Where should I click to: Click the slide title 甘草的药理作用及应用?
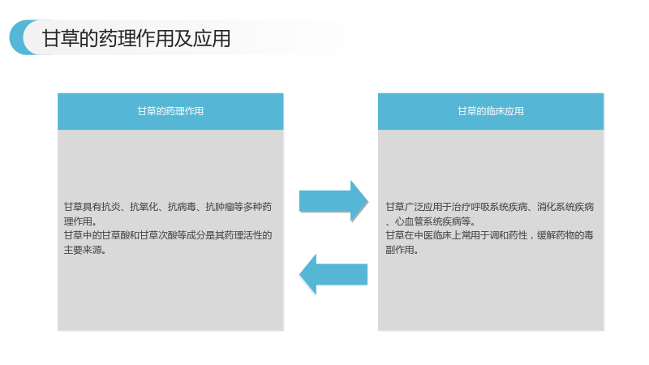(136, 38)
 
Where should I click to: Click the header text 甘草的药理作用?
(170, 111)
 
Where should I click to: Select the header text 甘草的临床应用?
(491, 111)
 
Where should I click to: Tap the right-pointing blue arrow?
(333, 201)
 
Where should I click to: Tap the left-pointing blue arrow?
(333, 274)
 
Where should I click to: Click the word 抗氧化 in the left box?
(144, 207)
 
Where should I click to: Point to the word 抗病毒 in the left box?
(182, 207)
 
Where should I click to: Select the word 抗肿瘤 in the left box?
(220, 207)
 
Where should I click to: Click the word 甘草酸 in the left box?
(116, 235)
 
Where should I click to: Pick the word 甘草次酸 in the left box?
(158, 235)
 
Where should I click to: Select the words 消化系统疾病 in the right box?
(565, 207)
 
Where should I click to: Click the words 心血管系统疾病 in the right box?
(428, 221)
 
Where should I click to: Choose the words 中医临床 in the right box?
(433, 235)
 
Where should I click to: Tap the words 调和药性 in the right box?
(509, 235)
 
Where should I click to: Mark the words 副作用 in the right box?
(400, 250)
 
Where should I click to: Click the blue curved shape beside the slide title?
(19, 37)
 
